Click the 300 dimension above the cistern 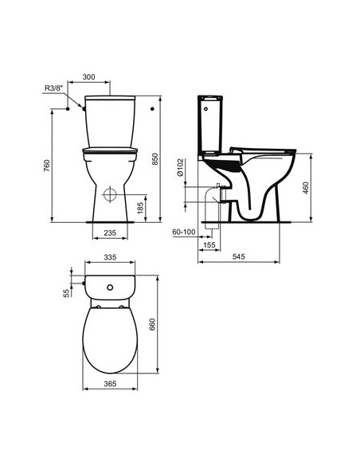tap(88, 76)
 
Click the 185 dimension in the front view tap(140, 209)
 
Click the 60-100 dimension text tap(184, 231)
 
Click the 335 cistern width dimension tap(111, 258)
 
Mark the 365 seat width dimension tap(110, 384)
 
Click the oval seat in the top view tap(110, 338)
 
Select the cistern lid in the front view tap(110, 100)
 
